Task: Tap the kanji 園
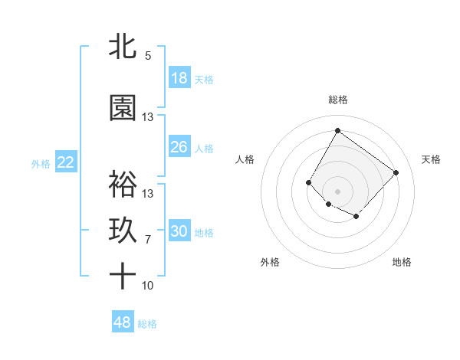tap(123, 108)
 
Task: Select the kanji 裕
tap(123, 185)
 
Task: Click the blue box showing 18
tap(179, 78)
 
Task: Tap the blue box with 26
tap(179, 147)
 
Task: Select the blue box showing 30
tap(179, 231)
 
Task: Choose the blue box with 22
tap(65, 162)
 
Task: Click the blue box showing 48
tap(123, 322)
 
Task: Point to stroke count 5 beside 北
tap(148, 56)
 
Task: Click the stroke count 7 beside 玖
tap(148, 240)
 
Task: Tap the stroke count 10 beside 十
tap(148, 286)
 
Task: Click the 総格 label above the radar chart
tap(337, 100)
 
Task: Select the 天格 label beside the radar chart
tap(432, 159)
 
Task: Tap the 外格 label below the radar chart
tap(270, 262)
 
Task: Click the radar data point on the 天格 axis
tap(396, 172)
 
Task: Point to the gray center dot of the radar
tap(337, 191)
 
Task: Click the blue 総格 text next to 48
tap(147, 324)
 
